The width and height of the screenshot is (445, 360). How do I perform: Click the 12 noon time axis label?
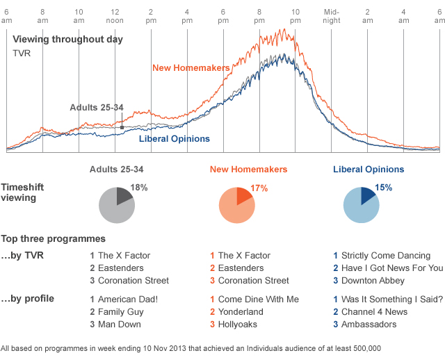pos(115,16)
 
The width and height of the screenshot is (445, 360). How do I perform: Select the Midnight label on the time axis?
pos(332,16)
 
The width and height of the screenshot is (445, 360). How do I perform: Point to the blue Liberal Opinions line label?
pos(175,138)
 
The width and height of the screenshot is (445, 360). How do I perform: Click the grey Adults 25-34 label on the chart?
pos(96,107)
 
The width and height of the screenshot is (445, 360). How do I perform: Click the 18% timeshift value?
pos(139,188)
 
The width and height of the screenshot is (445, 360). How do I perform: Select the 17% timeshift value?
pos(259,188)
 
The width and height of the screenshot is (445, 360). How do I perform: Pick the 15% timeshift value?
pos(383,187)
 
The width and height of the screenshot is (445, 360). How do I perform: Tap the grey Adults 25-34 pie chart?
pos(116,205)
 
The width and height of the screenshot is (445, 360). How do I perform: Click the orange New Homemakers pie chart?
pos(236,205)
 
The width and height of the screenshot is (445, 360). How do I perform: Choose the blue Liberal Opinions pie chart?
pos(362,205)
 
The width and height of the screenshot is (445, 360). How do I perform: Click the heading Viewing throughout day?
pos(67,39)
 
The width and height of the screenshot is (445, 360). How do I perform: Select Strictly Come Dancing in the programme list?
pos(387,256)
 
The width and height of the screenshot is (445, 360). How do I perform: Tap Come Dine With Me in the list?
pos(258,299)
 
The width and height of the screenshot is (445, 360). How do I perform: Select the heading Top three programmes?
pos(53,238)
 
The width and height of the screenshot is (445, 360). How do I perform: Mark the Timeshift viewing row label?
pos(25,193)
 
